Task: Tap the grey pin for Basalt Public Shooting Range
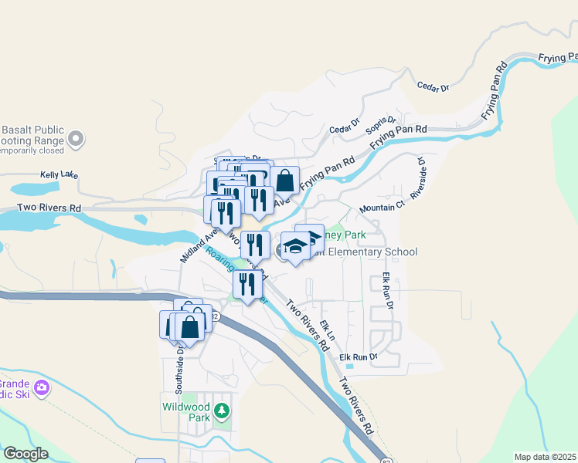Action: click(x=76, y=139)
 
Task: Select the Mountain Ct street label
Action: click(x=382, y=208)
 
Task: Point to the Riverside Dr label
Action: click(x=418, y=179)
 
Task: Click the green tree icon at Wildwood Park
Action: click(x=223, y=411)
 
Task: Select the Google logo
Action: click(x=25, y=453)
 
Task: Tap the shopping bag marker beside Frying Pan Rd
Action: click(x=284, y=181)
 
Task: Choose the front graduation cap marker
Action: click(x=294, y=247)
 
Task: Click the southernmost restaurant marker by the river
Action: click(x=247, y=285)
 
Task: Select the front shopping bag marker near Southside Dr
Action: click(x=189, y=328)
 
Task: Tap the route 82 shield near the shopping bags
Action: click(x=215, y=317)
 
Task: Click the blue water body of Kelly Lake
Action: click(x=35, y=188)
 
